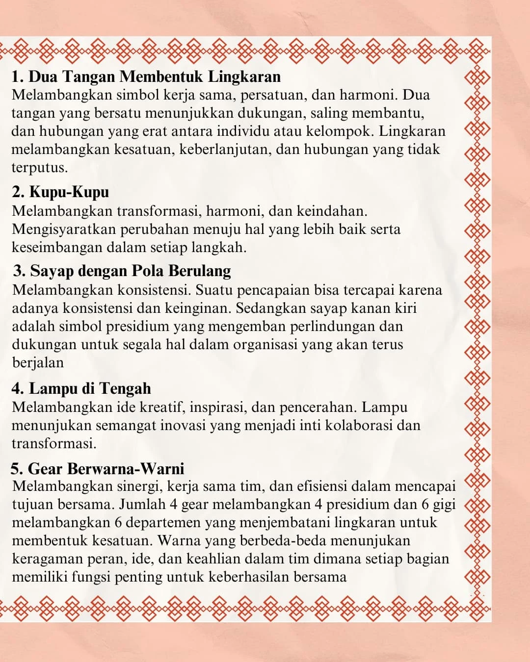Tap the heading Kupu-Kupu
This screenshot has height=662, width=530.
click(69, 192)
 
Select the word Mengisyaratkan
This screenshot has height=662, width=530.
click(64, 229)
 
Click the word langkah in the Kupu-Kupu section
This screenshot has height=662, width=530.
click(217, 248)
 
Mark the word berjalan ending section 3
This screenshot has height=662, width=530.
click(38, 363)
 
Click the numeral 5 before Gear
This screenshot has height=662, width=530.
click(16, 469)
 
